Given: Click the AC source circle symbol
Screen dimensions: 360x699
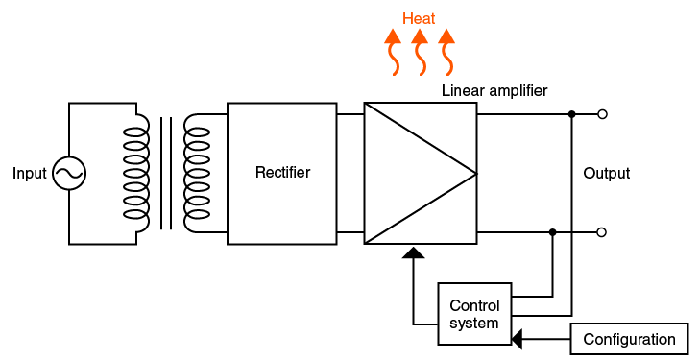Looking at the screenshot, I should click(x=69, y=174).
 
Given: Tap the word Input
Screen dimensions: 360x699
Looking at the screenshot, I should click(x=29, y=174).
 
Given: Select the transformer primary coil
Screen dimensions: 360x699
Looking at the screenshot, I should click(x=138, y=174).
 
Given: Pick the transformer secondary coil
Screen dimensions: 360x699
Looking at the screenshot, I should click(x=196, y=174).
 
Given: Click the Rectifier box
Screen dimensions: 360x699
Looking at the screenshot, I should click(x=282, y=174).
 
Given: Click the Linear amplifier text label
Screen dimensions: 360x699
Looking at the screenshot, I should click(x=494, y=91).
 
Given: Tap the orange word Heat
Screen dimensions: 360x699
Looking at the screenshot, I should click(x=419, y=18).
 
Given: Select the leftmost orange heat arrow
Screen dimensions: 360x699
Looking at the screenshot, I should click(x=393, y=52).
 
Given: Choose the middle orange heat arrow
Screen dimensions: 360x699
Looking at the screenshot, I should click(x=420, y=52).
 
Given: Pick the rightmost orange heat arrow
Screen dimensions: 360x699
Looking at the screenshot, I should click(x=446, y=52).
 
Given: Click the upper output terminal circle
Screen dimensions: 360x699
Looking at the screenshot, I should click(x=602, y=114).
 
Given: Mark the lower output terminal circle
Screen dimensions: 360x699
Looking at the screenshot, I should click(x=602, y=232).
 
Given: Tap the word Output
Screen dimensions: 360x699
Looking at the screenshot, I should click(x=607, y=174).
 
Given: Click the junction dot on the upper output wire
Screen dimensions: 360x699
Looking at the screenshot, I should click(x=571, y=114).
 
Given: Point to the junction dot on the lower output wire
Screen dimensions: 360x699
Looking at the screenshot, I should click(x=552, y=232).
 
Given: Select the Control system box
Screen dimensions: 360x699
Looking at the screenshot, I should click(x=474, y=315).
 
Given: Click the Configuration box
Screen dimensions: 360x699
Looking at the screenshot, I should click(x=629, y=339).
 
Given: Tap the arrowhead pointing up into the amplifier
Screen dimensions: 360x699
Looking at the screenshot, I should click(x=413, y=253).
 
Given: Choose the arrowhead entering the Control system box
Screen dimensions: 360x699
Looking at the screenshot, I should click(x=518, y=339).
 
